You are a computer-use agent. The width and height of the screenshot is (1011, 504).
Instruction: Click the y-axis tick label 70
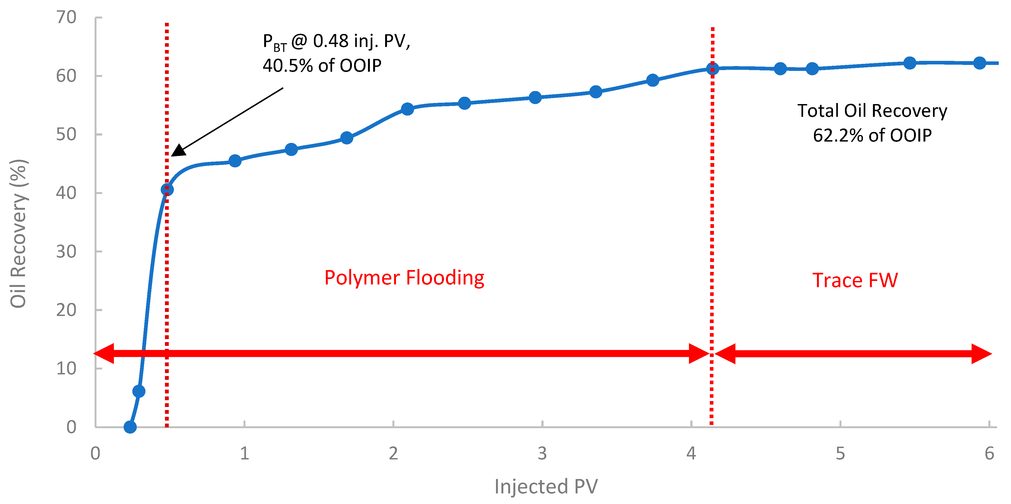point(66,18)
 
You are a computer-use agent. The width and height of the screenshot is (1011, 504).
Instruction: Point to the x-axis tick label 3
point(542,453)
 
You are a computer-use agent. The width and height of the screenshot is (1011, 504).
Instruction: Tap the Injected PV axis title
point(546,486)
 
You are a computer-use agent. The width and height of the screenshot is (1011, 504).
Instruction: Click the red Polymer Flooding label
point(404,278)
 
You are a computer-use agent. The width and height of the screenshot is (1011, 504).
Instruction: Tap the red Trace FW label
point(855,280)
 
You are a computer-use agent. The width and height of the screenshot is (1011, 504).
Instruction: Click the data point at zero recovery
point(130,427)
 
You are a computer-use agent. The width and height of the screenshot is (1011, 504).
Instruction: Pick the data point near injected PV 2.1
point(407,109)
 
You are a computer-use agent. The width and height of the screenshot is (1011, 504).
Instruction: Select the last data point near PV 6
point(979,63)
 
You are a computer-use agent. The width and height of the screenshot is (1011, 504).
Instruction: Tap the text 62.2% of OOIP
point(872,135)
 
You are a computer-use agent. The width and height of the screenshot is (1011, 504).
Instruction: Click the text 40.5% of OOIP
point(322,65)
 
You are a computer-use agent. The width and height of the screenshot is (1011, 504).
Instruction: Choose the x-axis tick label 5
point(840,453)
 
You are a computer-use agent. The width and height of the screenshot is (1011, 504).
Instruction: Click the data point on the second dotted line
point(712,69)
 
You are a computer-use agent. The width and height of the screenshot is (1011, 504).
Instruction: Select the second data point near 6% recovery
point(139,391)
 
